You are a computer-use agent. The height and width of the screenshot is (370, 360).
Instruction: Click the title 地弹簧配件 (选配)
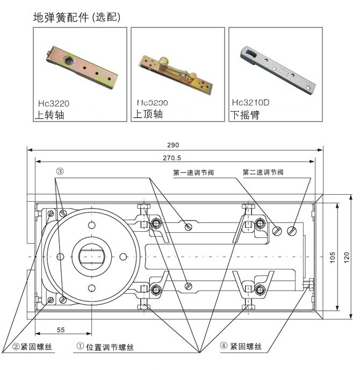[77, 17]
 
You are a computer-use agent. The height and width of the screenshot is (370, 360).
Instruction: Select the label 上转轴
[49, 115]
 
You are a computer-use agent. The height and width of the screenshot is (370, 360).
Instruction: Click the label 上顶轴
[148, 115]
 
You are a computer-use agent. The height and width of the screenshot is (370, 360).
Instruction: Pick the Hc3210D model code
[250, 103]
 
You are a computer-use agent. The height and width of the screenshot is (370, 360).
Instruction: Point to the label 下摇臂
[244, 115]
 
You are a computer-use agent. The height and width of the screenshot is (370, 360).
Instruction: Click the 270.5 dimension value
[173, 158]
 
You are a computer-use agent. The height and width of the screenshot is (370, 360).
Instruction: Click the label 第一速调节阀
[194, 173]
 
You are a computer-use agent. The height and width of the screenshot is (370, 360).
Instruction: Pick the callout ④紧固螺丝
[240, 346]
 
